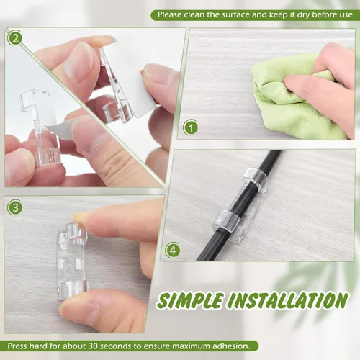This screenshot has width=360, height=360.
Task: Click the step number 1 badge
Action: [x=191, y=127]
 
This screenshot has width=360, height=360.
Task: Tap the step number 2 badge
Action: [x=15, y=38]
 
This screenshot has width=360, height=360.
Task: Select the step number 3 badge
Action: [x=15, y=207]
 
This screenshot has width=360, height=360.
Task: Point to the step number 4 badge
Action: [x=173, y=251]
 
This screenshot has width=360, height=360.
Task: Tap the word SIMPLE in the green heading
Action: [x=189, y=300]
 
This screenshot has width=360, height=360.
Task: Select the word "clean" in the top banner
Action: [x=194, y=15]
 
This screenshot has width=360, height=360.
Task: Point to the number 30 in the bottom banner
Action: [x=94, y=346]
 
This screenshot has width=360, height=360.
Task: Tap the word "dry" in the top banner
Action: [x=303, y=15]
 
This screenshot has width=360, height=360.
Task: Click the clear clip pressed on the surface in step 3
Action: [x=72, y=261]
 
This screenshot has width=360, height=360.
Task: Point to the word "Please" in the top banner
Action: [x=170, y=15]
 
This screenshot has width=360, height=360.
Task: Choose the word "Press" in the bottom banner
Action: [x=17, y=346]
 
